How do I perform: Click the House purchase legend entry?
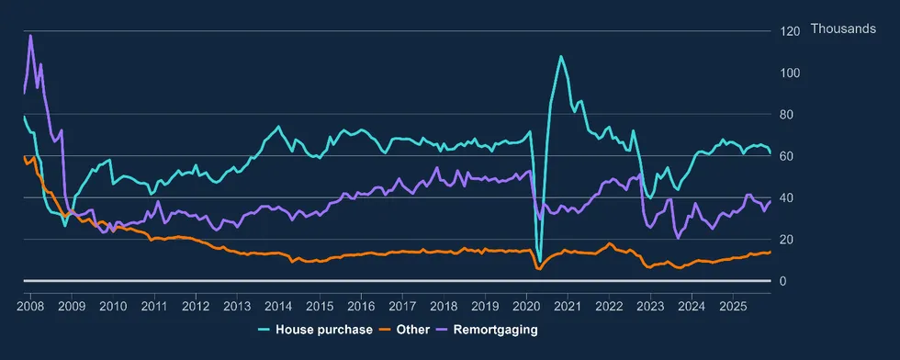coord(323,329)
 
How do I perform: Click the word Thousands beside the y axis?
coord(843,29)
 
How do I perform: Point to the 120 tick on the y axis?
coord(789,30)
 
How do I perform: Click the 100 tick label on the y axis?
coord(789,73)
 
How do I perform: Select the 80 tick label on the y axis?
coord(786,115)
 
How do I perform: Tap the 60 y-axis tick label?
coord(786,156)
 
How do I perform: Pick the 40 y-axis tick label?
coord(786,197)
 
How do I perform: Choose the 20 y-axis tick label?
coord(786,240)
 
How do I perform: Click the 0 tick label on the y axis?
coord(783,281)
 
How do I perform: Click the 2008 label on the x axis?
coord(30,304)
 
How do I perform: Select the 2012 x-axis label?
coord(196,304)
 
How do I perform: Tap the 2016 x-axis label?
coord(361,304)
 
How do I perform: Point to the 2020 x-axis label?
coord(526,304)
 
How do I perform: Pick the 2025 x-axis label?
coord(733,304)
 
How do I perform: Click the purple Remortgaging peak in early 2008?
coord(30,36)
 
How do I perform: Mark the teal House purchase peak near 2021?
coord(560,56)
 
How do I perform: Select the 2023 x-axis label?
coord(650,304)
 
